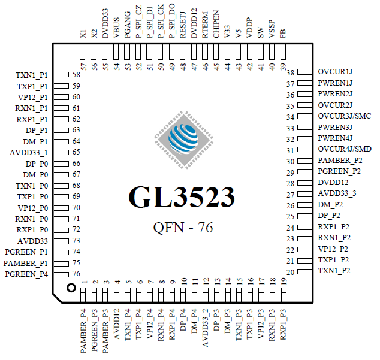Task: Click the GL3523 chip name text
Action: click(x=181, y=196)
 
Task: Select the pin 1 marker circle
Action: click(x=71, y=288)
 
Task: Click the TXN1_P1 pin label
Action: click(x=32, y=75)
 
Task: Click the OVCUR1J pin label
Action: click(x=335, y=72)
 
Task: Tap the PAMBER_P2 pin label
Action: click(x=340, y=161)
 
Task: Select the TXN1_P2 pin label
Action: click(x=334, y=271)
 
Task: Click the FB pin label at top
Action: click(x=283, y=35)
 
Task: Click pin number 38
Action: click(x=291, y=72)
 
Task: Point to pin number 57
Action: click(x=84, y=65)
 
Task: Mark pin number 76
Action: click(x=76, y=274)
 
